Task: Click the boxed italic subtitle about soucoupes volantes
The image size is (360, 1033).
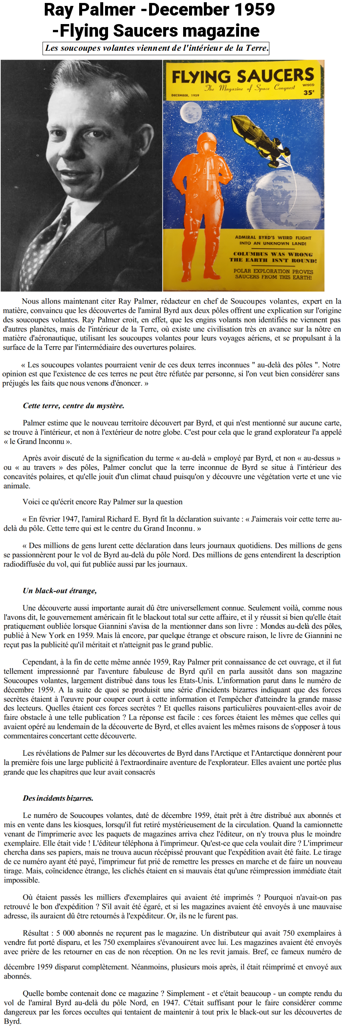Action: click(155, 48)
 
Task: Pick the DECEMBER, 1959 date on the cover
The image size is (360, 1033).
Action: click(185, 96)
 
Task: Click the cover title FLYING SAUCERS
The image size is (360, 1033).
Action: click(243, 76)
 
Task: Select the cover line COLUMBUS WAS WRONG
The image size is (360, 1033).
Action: click(273, 254)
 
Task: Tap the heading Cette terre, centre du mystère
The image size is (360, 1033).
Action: click(73, 405)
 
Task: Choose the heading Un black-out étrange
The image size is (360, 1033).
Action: click(60, 591)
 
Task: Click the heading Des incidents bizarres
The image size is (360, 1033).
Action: click(58, 798)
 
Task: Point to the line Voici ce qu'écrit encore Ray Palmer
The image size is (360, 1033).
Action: click(102, 502)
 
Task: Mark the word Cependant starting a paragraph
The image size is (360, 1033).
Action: click(39, 662)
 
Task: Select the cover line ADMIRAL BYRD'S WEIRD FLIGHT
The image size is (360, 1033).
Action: click(273, 237)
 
